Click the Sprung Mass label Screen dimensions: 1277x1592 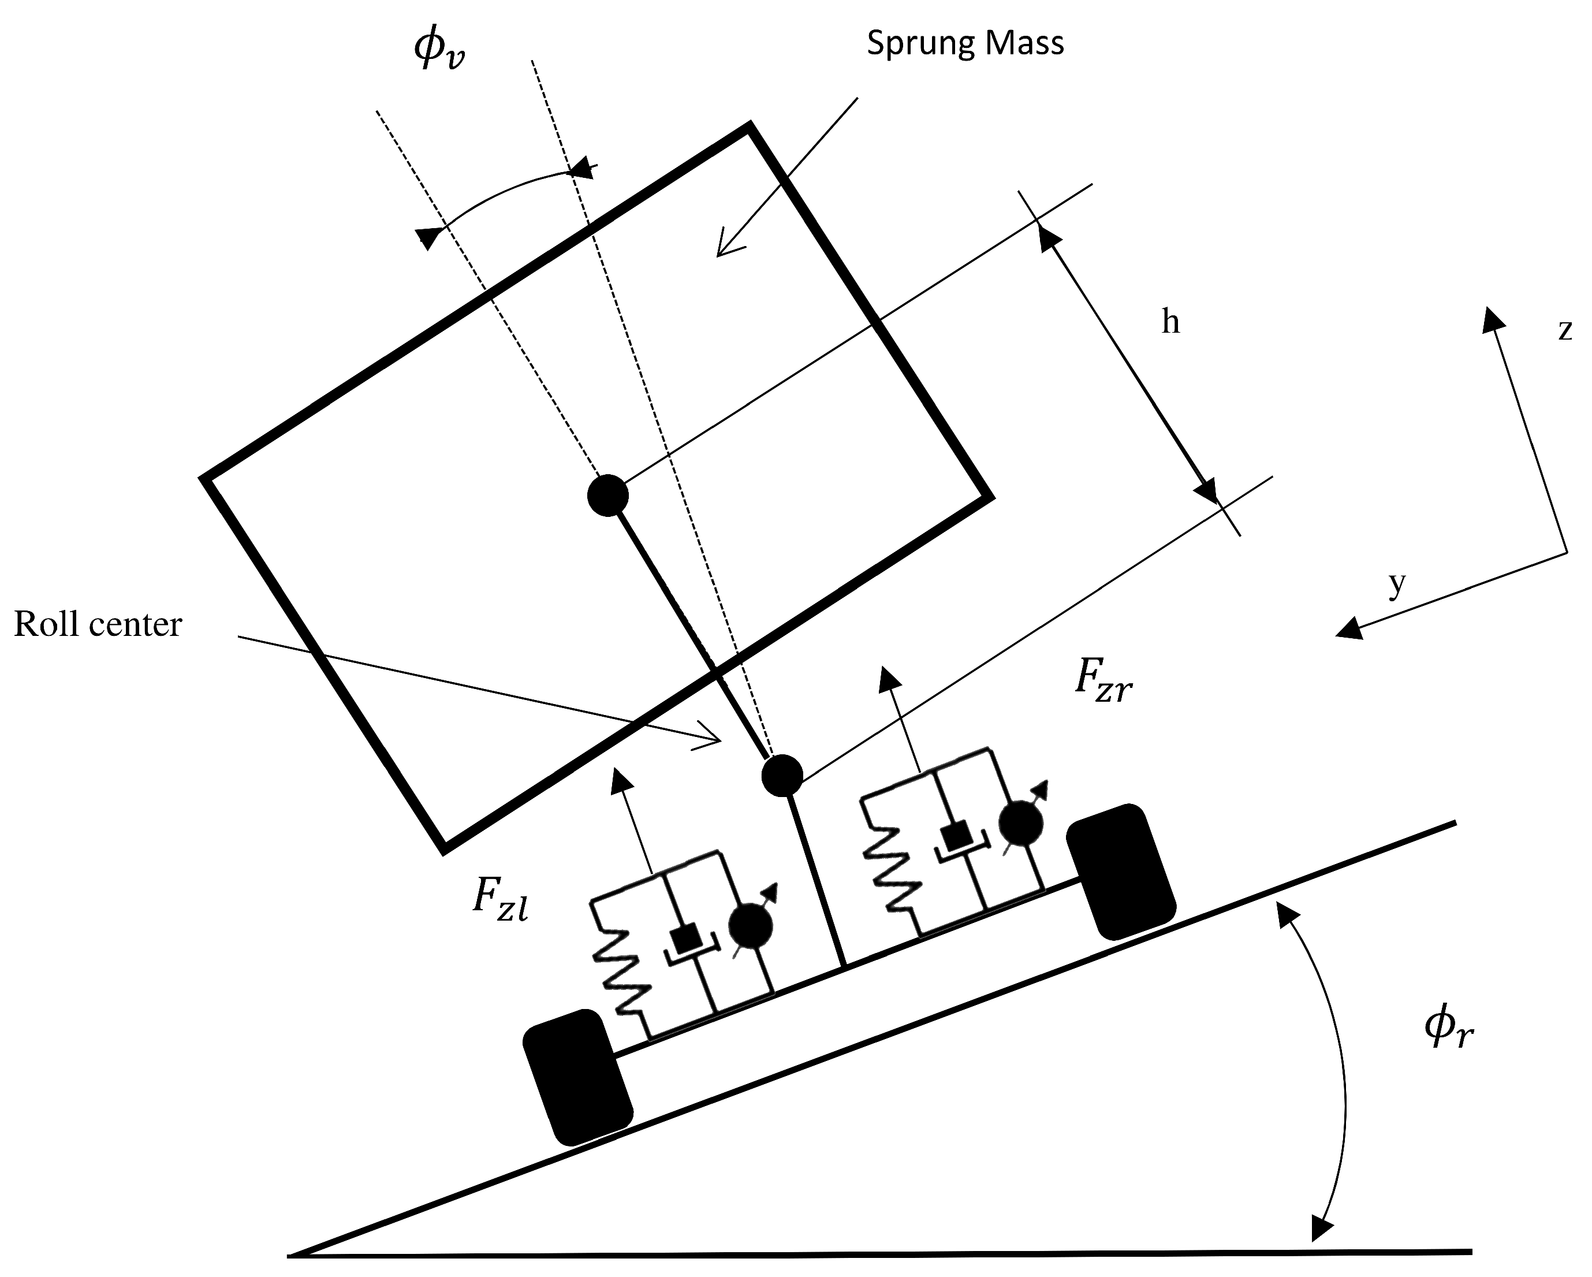pyautogui.click(x=964, y=43)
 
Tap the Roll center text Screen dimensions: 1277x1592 pyautogui.click(x=98, y=625)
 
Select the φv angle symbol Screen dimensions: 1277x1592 pyautogui.click(x=439, y=50)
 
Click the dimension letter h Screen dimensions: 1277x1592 pyautogui.click(x=1170, y=322)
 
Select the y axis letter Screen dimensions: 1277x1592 pyautogui.click(x=1397, y=585)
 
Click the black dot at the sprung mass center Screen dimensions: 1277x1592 pyautogui.click(x=607, y=495)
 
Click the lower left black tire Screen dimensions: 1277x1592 pyautogui.click(x=577, y=1077)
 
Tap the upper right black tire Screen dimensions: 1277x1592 pyautogui.click(x=1120, y=872)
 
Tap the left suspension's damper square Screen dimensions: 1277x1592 pyautogui.click(x=688, y=940)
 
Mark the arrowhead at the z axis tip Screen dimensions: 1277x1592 pyautogui.click(x=1493, y=319)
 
